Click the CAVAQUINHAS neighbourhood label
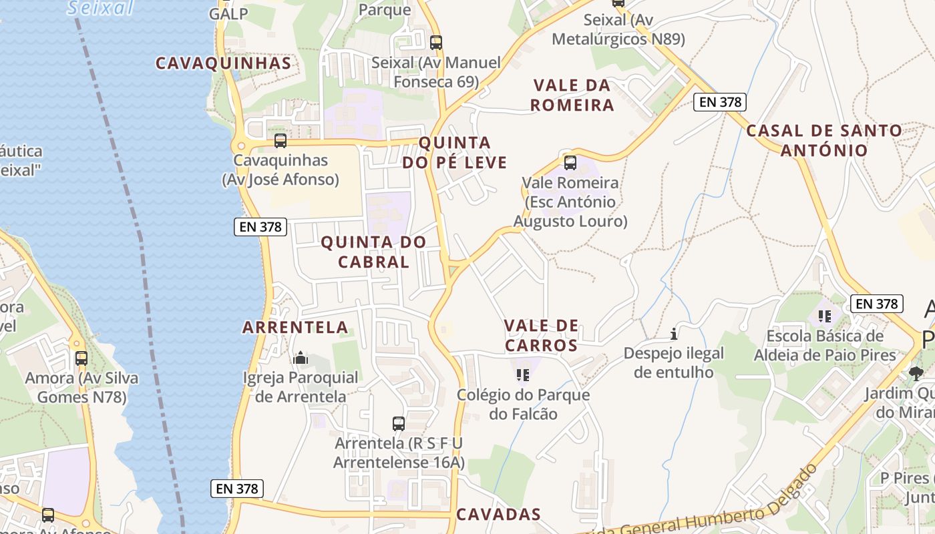[x=223, y=63]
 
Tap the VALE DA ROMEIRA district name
[x=572, y=95]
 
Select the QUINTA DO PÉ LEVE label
[x=454, y=152]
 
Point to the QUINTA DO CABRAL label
[x=373, y=252]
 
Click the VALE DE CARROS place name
[x=541, y=335]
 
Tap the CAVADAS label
[x=498, y=514]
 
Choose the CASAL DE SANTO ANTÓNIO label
[x=824, y=140]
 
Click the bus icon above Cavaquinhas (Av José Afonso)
[x=280, y=141]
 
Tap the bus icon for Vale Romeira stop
[x=570, y=163]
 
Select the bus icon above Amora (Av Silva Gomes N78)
[x=81, y=358]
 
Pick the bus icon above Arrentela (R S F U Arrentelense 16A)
[x=399, y=423]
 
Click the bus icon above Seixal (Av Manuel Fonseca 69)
[x=436, y=43]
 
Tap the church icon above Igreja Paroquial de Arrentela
[x=301, y=358]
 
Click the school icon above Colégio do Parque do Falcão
[x=523, y=375]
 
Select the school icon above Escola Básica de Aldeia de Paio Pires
[x=824, y=316]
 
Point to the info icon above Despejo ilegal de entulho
[x=674, y=333]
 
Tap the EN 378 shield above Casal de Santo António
[x=719, y=102]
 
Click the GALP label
[x=228, y=13]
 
